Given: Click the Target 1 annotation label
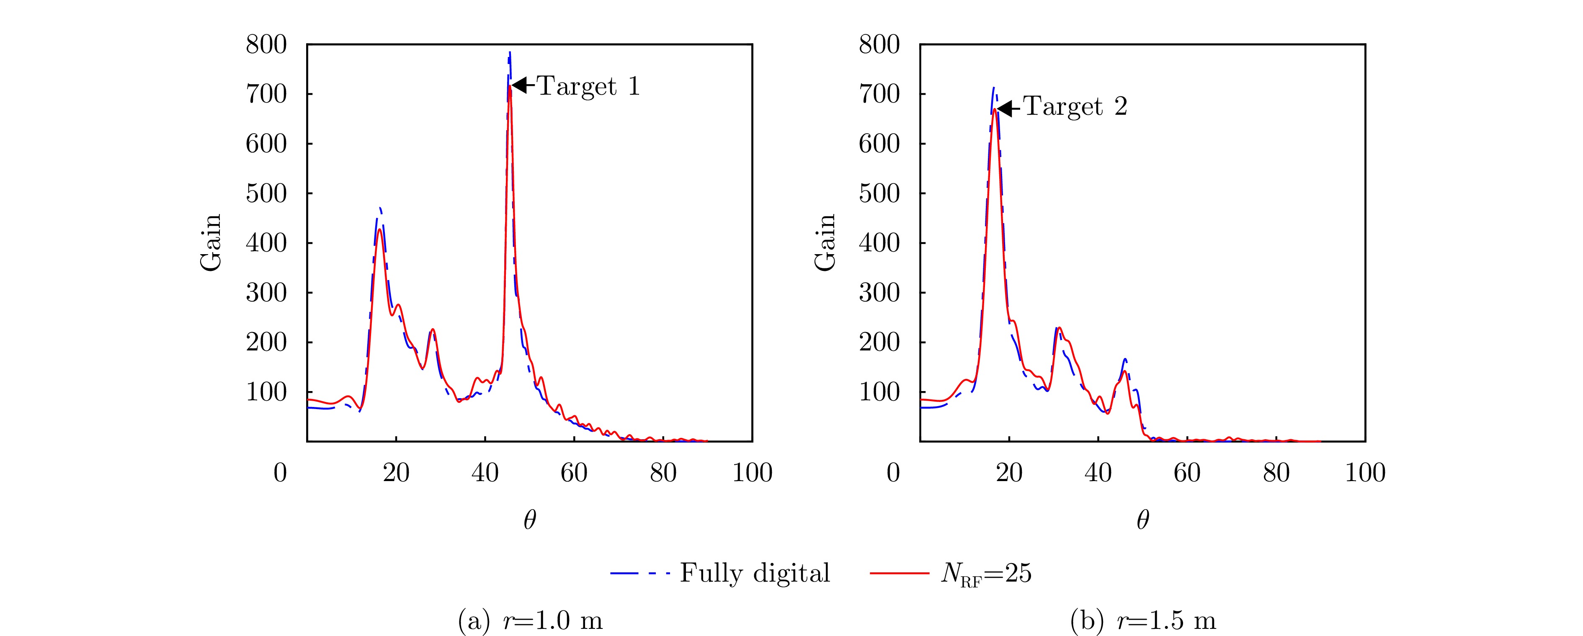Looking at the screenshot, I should click(x=589, y=86).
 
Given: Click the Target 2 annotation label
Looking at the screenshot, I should click(x=1075, y=107).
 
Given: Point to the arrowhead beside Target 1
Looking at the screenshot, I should click(x=519, y=85).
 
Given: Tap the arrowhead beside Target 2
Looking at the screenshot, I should click(x=1004, y=109).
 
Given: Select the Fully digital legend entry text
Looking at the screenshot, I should click(x=755, y=573).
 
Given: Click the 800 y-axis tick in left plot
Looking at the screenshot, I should click(x=266, y=45).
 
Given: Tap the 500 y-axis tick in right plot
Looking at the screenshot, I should click(x=879, y=193).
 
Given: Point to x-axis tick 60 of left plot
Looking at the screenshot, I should click(x=574, y=473).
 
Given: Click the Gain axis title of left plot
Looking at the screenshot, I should click(x=211, y=243).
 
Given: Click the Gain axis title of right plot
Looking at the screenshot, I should click(x=825, y=243).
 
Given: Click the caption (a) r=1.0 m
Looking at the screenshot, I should click(x=530, y=621).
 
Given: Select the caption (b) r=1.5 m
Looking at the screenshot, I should click(x=1143, y=621).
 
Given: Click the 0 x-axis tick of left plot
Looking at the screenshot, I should click(x=280, y=473).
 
